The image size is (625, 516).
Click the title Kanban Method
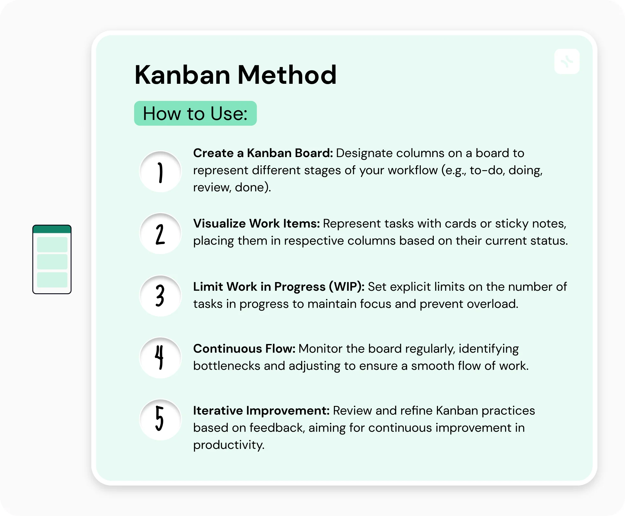235,75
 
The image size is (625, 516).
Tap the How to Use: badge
195,113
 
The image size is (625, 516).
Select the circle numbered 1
160,172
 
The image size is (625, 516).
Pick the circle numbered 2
160,234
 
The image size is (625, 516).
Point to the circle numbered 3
160,296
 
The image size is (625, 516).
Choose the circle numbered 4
160,358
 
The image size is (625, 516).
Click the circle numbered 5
160,420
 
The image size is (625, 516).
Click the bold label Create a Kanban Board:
263,153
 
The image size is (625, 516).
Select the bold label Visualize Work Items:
256,224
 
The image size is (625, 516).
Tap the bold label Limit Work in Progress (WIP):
279,287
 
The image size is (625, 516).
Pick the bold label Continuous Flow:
244,349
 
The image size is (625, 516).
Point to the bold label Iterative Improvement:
261,411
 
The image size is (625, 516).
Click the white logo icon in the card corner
567,61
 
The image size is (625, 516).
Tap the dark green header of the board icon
52,229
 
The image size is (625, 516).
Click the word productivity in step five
228,445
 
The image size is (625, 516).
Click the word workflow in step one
413,170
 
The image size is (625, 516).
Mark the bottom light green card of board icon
52,280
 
